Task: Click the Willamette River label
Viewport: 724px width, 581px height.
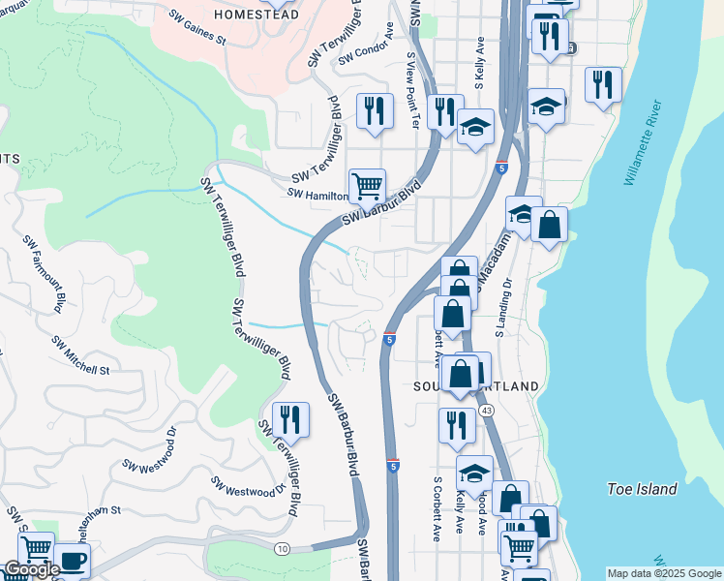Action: pyautogui.click(x=643, y=141)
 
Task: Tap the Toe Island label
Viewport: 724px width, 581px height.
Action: pyautogui.click(x=642, y=489)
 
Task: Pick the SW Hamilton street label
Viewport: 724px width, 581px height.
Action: pyautogui.click(x=317, y=195)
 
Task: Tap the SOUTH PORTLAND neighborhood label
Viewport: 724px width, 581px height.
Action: pyautogui.click(x=476, y=386)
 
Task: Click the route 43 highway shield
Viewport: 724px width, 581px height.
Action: pyautogui.click(x=486, y=412)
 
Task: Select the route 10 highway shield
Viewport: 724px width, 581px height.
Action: pyautogui.click(x=282, y=549)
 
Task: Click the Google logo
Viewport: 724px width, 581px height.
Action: pyautogui.click(x=31, y=569)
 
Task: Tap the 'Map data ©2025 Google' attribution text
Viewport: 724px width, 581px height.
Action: pyautogui.click(x=663, y=573)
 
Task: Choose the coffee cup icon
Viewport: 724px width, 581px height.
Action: pyautogui.click(x=71, y=560)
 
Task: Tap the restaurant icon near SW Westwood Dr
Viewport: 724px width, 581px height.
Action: pyautogui.click(x=290, y=418)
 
